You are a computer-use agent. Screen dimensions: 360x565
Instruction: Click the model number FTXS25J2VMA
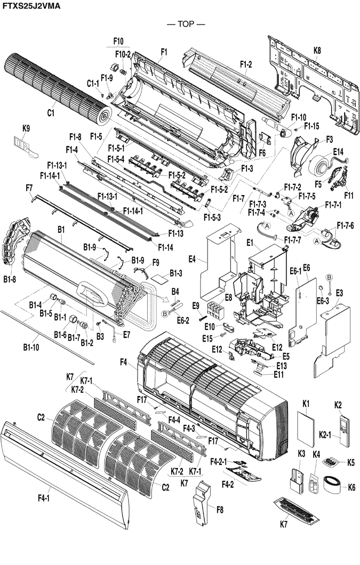(x=32, y=5)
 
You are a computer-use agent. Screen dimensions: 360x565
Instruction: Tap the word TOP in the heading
(x=186, y=24)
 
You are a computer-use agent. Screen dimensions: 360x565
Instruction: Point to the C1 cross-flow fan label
(x=51, y=113)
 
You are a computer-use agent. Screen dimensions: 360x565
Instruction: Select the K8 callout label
(x=317, y=51)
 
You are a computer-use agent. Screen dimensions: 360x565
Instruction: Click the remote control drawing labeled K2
(x=345, y=431)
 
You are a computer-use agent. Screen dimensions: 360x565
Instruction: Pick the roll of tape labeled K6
(x=335, y=485)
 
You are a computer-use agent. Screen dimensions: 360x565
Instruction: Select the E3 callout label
(x=339, y=293)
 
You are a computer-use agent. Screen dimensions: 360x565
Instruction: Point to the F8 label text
(x=220, y=510)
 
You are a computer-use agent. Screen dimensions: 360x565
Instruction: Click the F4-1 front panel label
(x=44, y=498)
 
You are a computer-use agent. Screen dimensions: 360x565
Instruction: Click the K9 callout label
(x=26, y=128)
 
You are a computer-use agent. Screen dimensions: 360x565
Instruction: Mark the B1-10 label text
(x=31, y=348)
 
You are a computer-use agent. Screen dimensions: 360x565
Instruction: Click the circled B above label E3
(x=329, y=277)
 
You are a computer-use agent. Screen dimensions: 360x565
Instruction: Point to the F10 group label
(x=118, y=41)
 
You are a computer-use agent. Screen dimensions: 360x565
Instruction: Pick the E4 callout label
(x=192, y=259)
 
